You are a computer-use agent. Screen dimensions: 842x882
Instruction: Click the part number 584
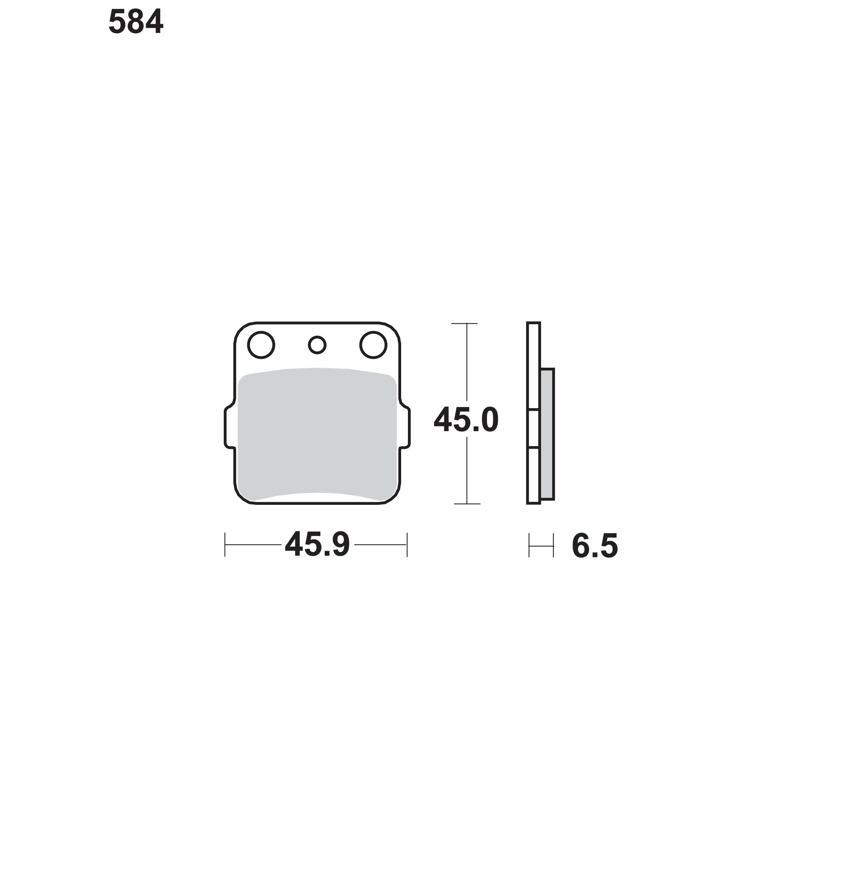pos(136,21)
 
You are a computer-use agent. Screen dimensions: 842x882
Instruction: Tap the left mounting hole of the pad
pos(261,345)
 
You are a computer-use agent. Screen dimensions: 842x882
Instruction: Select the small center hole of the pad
pos(317,345)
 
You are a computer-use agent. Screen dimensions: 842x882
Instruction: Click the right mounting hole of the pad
pos(373,345)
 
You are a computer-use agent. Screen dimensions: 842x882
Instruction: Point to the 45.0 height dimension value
pos(466,420)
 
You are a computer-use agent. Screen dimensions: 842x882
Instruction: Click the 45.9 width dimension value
pos(317,545)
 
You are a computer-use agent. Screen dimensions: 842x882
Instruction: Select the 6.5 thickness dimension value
pos(595,546)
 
